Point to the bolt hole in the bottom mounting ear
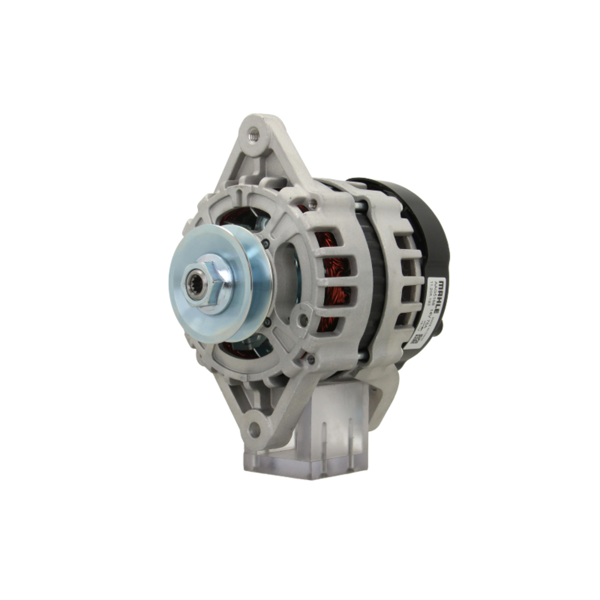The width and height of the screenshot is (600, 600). click(254, 428)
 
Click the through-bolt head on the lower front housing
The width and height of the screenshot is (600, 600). click(310, 359)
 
